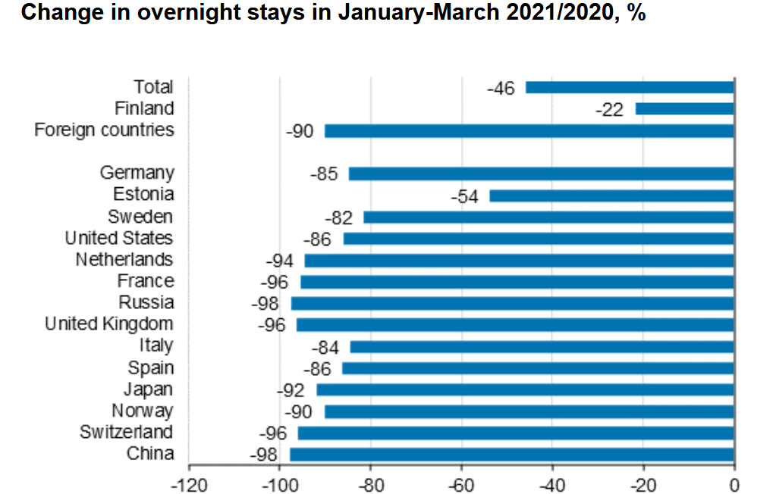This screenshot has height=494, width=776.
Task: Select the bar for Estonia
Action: click(x=611, y=196)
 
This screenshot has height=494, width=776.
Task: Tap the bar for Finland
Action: click(x=684, y=109)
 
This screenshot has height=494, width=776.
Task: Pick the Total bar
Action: click(x=630, y=87)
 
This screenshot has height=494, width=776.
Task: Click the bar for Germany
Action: click(x=541, y=174)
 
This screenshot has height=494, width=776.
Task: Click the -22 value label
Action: click(x=609, y=110)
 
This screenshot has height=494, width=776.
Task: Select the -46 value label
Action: click(x=501, y=88)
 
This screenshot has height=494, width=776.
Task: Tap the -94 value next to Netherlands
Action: click(x=280, y=261)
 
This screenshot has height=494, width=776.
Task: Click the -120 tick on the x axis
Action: click(x=189, y=483)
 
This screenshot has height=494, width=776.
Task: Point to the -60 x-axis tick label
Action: click(x=461, y=483)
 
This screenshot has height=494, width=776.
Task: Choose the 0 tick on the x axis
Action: click(x=734, y=483)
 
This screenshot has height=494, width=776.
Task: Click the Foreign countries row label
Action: click(x=104, y=130)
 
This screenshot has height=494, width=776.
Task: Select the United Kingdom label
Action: click(x=109, y=324)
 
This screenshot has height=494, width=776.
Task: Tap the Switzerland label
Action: click(x=126, y=433)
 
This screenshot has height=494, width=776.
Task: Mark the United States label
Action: click(x=118, y=239)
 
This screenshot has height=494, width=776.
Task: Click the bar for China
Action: click(x=511, y=455)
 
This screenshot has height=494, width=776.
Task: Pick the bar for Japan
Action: click(x=525, y=390)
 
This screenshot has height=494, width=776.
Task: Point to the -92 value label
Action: click(x=291, y=391)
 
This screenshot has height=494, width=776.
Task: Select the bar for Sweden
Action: click(x=548, y=217)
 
